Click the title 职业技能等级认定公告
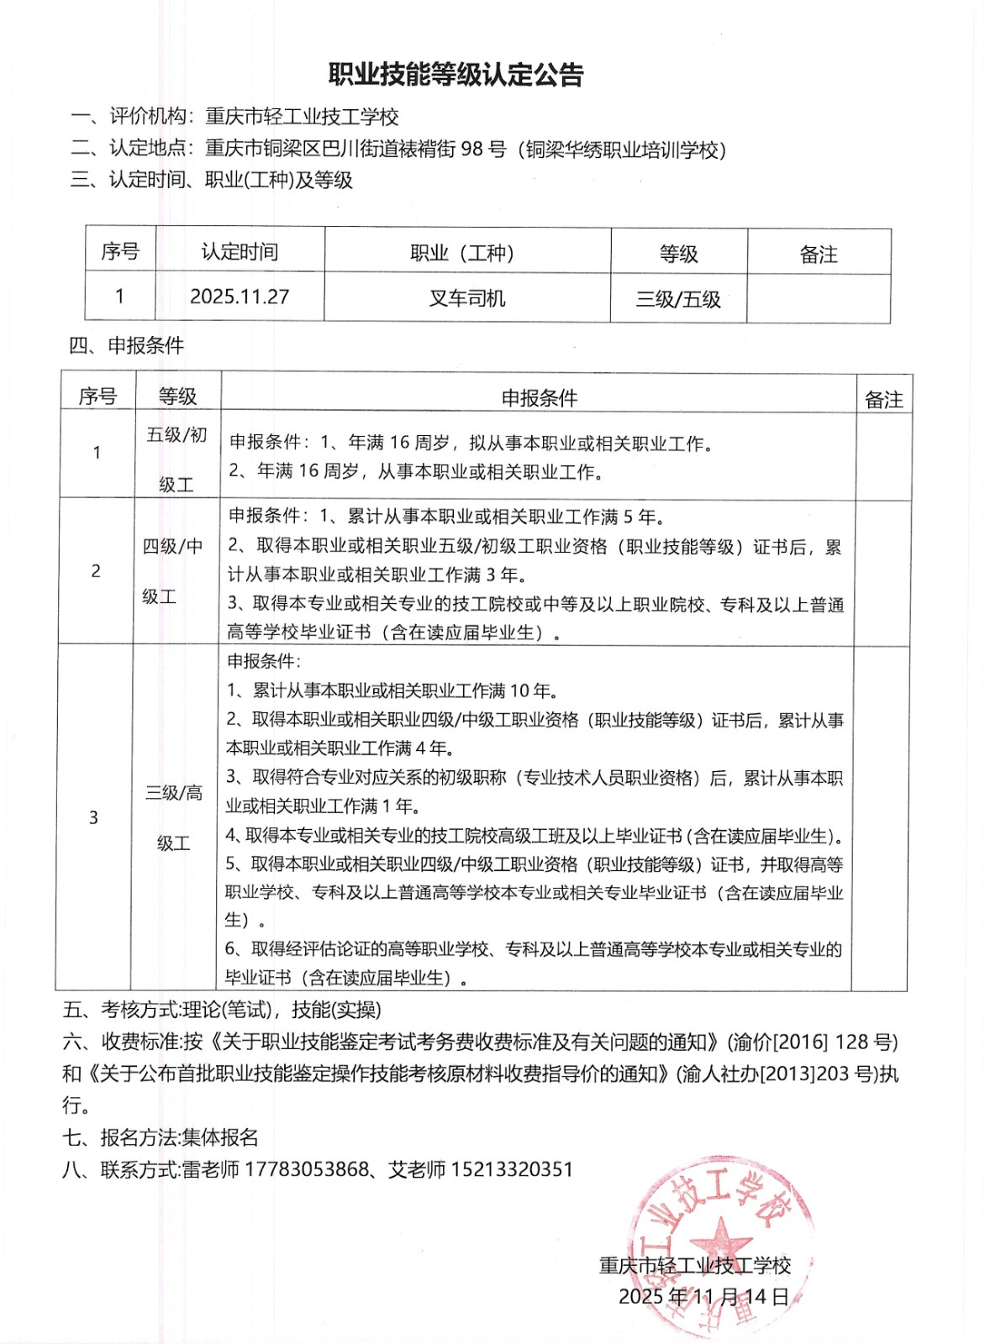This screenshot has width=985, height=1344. [x=456, y=76]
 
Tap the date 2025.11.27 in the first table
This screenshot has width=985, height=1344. [x=240, y=297]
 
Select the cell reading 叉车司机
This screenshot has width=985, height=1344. [x=467, y=298]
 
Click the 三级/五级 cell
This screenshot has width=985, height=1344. [x=678, y=299]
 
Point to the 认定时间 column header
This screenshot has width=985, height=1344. [x=240, y=252]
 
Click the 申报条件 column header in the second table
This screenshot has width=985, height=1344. [x=539, y=397]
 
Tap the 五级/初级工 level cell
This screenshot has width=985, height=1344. [x=176, y=459]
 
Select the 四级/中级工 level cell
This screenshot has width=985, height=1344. [x=172, y=571]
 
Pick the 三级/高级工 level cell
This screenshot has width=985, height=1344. [x=174, y=817]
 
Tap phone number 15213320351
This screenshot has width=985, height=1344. [x=512, y=1169]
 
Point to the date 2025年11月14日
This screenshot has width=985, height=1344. [x=704, y=1296]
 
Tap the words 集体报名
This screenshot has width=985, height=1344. [x=220, y=1137]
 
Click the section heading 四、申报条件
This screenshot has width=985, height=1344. [x=126, y=345]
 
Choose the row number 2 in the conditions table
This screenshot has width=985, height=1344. [x=96, y=571]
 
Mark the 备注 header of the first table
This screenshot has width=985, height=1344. [x=818, y=254]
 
